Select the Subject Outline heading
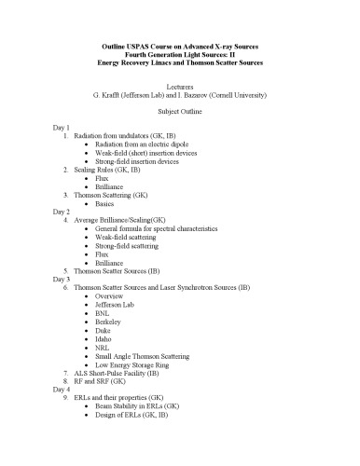(x=179, y=109)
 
